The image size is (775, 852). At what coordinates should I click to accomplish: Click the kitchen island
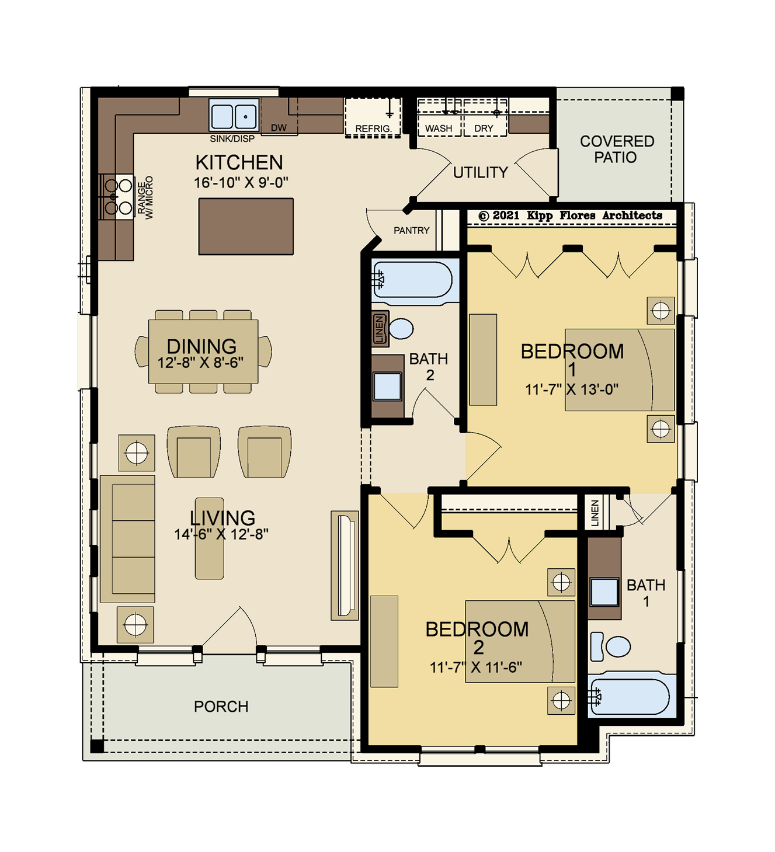(246, 227)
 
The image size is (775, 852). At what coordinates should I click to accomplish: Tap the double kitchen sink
(234, 114)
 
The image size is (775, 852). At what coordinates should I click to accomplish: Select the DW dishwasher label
(279, 128)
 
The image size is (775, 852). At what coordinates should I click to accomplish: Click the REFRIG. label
(373, 128)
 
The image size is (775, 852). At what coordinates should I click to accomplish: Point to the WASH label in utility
(439, 128)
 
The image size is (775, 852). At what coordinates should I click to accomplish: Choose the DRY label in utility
(484, 128)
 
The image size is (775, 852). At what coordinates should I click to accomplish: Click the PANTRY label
(411, 230)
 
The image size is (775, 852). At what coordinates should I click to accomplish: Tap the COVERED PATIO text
(617, 149)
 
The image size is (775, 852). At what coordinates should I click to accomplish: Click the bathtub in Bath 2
(412, 280)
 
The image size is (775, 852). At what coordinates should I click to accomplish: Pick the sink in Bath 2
(387, 386)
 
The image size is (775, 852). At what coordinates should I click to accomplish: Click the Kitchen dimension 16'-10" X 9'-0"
(241, 183)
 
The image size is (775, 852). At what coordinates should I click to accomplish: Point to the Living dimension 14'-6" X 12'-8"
(221, 534)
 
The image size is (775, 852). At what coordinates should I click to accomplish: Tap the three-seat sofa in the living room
(127, 539)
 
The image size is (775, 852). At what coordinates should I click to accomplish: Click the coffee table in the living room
(209, 538)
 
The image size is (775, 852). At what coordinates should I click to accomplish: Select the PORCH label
(221, 707)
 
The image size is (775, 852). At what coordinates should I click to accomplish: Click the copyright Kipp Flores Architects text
(570, 215)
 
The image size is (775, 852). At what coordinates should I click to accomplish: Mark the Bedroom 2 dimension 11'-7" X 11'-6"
(476, 667)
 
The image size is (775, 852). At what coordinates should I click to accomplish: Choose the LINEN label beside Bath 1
(595, 513)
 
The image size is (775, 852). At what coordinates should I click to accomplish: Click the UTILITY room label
(480, 172)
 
